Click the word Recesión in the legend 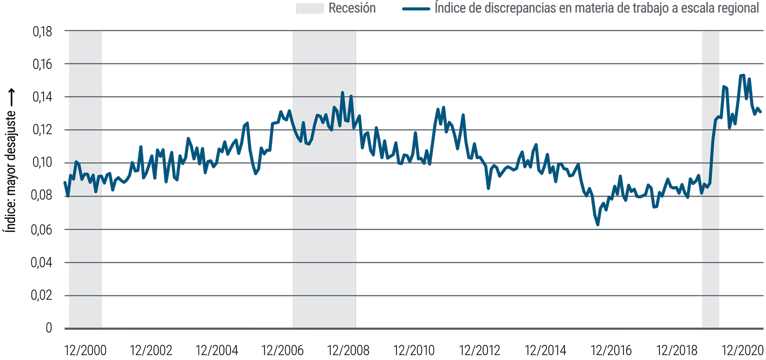351,8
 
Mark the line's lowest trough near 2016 597,225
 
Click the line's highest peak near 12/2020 742,75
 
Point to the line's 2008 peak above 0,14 342,92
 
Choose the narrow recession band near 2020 710,200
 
